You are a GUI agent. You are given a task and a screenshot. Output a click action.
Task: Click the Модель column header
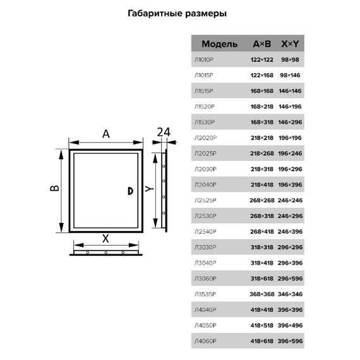tap(219, 44)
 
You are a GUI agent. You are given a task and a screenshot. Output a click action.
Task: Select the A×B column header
tap(261, 44)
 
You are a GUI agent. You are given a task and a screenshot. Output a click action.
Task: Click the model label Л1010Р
tap(207, 59)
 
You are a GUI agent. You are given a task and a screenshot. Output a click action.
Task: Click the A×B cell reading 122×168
tap(261, 75)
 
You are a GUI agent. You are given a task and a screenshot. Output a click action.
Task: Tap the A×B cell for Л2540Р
tap(261, 231)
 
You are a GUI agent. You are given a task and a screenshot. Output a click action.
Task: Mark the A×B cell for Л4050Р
tap(261, 325)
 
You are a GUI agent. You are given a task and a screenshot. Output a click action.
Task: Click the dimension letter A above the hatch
tap(106, 134)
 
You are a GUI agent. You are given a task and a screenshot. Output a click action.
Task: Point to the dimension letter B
tap(55, 188)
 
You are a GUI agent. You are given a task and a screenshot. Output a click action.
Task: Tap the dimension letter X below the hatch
tap(105, 238)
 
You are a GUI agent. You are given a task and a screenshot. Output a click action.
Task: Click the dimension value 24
tap(164, 132)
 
